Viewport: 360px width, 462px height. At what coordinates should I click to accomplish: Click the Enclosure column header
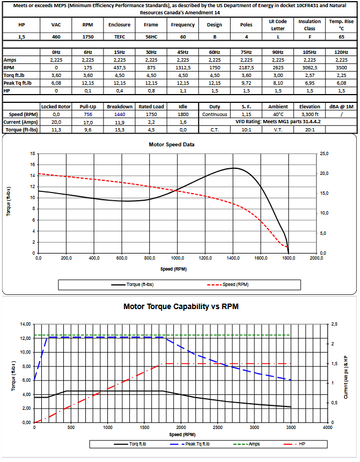point(119,25)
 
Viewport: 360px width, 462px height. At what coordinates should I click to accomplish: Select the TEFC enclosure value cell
point(119,36)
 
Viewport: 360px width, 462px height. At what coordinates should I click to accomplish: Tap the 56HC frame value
point(151,36)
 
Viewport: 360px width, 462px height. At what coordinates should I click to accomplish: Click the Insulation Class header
point(310,25)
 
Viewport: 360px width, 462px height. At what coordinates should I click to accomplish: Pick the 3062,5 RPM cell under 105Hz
point(310,68)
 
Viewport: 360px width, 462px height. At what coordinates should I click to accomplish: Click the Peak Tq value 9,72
point(247,83)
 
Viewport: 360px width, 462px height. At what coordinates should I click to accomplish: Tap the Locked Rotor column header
point(56,107)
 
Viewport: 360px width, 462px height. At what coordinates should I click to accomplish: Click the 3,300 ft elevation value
point(310,114)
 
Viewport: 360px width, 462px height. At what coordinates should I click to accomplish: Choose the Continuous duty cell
point(215,114)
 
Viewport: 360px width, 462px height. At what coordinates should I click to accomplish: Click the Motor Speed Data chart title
point(172,145)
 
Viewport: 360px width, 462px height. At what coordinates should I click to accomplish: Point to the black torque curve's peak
point(233,168)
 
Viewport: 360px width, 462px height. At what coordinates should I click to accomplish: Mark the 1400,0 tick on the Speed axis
point(233,258)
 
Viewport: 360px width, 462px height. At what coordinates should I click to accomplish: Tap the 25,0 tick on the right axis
point(324,154)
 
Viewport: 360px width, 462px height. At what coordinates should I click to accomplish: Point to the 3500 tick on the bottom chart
point(291,427)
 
